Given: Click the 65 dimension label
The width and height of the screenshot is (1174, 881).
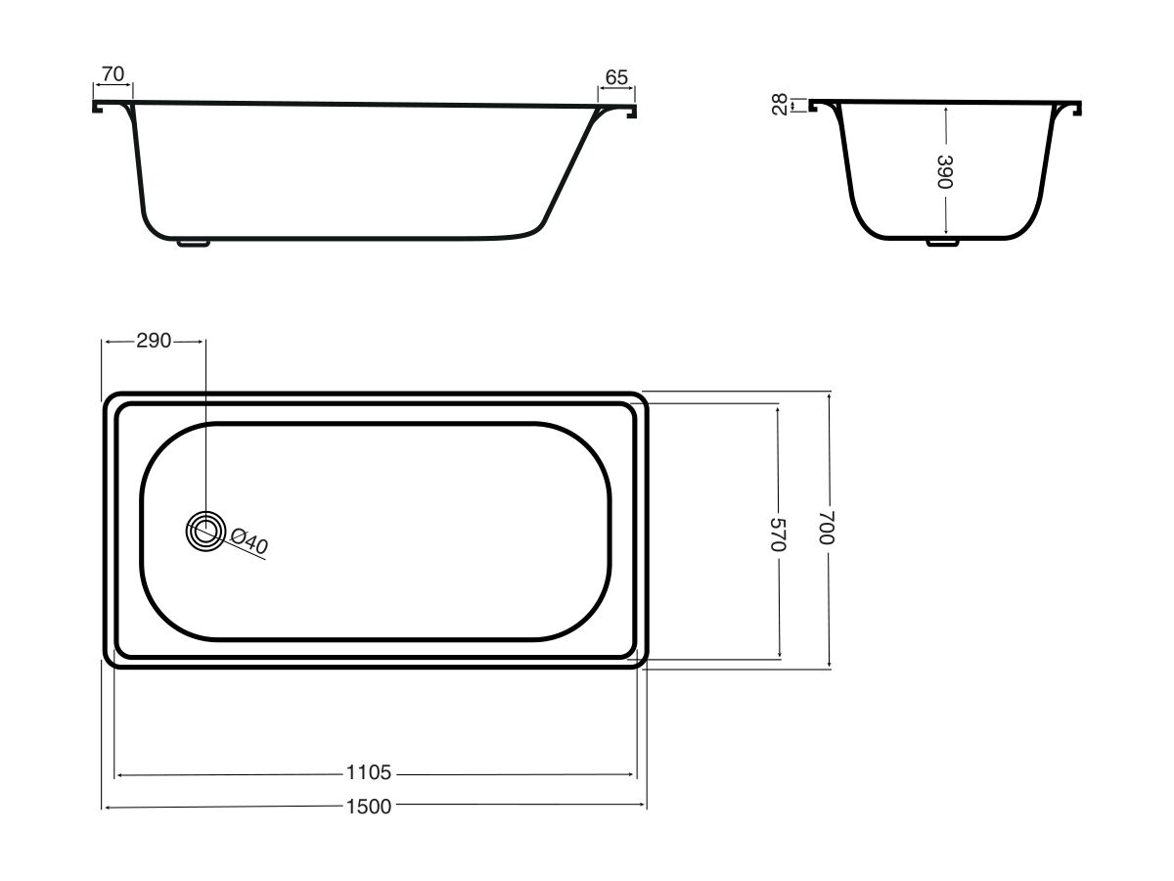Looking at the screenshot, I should (616, 77).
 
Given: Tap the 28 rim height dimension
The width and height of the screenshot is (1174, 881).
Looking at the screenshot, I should (780, 105).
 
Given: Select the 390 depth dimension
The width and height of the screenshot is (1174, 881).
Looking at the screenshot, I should (944, 171).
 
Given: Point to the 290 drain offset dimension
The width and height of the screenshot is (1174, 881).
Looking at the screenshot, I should (154, 341).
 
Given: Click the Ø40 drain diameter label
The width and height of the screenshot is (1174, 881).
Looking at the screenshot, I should (249, 540).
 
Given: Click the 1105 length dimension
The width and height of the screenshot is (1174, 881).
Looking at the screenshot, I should (369, 773).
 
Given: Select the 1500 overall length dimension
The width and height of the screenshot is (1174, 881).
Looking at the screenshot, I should (369, 807).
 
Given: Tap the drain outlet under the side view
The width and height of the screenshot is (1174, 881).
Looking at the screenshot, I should (194, 243).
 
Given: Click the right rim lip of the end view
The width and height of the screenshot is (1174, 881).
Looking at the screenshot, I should (1078, 109).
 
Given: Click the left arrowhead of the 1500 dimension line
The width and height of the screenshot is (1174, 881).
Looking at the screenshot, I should (107, 807).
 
